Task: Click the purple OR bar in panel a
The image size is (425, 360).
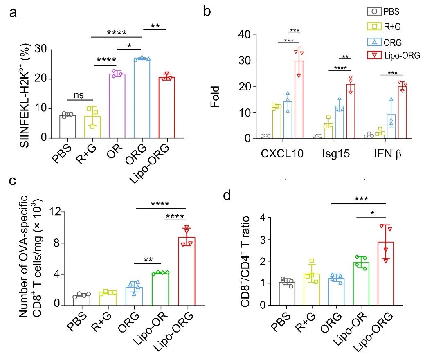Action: [x=117, y=106]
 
